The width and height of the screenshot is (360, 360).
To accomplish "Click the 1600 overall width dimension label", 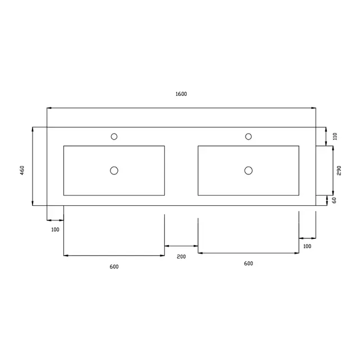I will (181, 94).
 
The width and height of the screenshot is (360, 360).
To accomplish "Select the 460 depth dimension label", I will (22, 169).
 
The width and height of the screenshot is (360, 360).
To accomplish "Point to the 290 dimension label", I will (339, 170).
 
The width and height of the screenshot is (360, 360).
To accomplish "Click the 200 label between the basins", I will (181, 256).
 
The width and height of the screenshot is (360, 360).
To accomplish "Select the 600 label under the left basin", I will (114, 266).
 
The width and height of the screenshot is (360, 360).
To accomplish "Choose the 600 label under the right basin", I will (248, 264).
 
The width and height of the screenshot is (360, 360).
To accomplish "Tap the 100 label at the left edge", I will (55, 229).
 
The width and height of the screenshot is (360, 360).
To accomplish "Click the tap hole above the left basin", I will (114, 136).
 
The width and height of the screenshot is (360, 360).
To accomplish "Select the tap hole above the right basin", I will (248, 136).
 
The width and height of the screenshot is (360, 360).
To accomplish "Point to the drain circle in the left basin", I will (114, 170).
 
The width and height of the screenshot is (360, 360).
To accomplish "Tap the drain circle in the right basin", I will (248, 170).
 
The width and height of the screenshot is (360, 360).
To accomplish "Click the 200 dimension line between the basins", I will (181, 246).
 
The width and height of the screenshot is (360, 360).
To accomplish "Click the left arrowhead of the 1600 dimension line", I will (49, 108).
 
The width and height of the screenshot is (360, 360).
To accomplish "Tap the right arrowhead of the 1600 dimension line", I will (314, 108).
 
